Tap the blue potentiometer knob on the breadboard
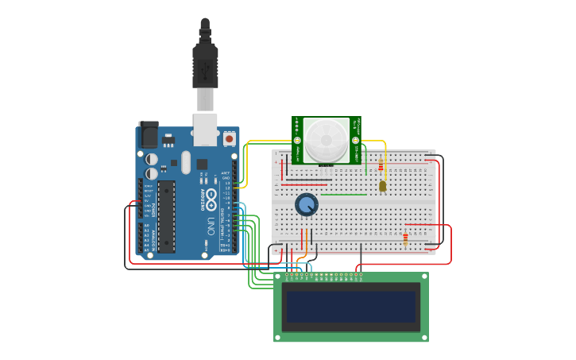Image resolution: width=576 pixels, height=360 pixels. coord(306,205)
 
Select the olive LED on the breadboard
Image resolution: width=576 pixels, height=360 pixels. coord(382,186)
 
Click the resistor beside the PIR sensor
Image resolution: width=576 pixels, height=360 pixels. coord(381,165)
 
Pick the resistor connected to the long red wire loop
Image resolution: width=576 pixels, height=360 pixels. coord(405,238)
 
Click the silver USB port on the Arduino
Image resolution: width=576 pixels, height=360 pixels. coord(205,129)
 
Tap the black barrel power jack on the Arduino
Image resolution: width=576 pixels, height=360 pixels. coord(149,134)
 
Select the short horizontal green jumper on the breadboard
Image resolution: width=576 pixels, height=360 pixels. coord(344,195)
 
